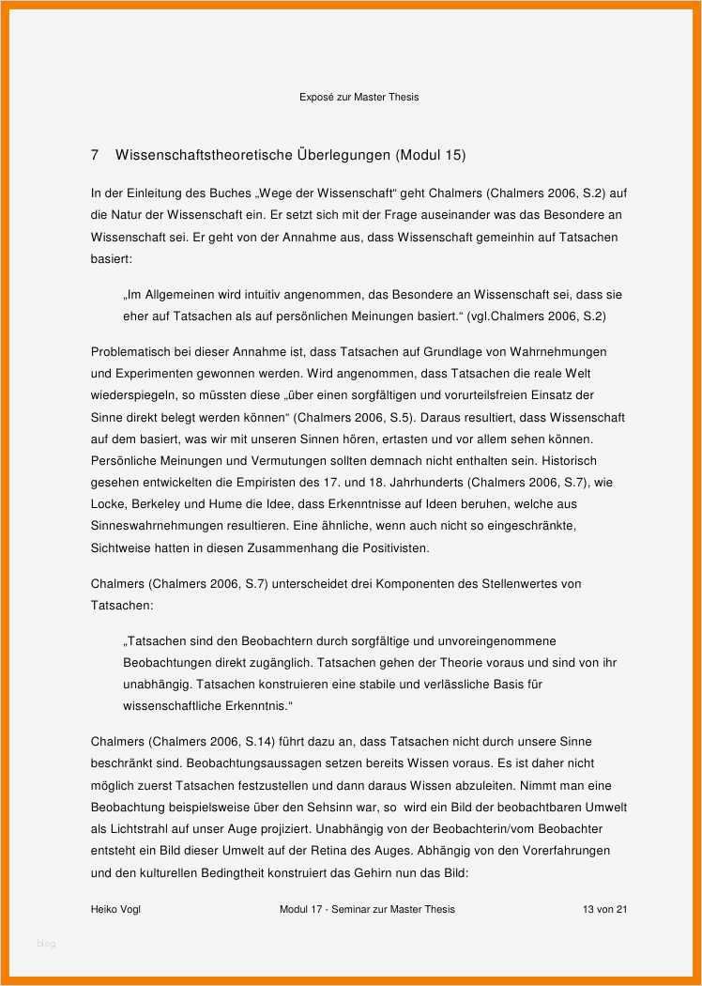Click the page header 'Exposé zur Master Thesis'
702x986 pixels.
pos(359,97)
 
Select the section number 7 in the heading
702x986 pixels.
pos(95,154)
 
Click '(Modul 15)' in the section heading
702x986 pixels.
pos(430,154)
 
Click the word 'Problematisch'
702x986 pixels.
pos(132,352)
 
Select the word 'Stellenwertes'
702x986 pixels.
pos(521,584)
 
